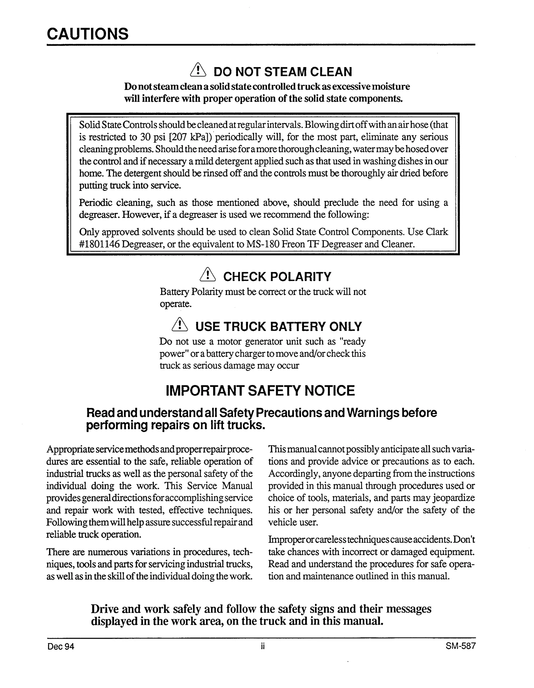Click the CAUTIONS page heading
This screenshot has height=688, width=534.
88,34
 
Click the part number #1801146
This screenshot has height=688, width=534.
99,244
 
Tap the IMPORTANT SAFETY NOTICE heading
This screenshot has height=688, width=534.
260,391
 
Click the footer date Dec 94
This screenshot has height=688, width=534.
61,647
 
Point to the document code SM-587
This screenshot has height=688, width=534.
460,646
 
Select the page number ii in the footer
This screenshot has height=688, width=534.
263,647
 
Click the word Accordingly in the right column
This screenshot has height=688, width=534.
293,473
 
